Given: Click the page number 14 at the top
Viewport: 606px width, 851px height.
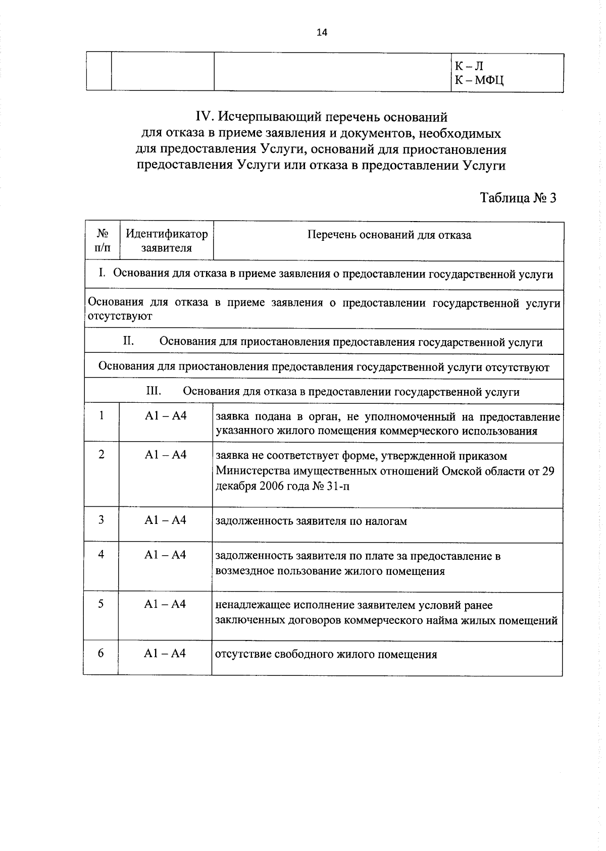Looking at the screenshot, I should click(x=321, y=33).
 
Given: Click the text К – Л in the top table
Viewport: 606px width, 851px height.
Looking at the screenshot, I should click(x=469, y=66).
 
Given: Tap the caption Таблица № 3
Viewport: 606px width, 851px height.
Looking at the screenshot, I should click(x=518, y=197).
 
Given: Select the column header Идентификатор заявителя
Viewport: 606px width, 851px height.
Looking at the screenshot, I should click(x=166, y=241).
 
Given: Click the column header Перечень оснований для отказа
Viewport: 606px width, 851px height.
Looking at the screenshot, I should click(x=389, y=235).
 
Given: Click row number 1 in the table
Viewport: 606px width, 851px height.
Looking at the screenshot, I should click(x=102, y=415).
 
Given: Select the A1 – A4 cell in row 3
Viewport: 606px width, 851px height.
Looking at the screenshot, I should click(x=165, y=520).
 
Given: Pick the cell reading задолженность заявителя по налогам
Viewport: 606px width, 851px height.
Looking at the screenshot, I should click(x=311, y=521).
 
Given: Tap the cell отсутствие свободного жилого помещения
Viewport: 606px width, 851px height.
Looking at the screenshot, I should click(x=326, y=655).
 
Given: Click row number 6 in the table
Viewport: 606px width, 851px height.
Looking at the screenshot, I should click(x=101, y=653).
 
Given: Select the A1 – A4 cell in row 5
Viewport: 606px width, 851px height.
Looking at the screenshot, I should click(x=165, y=604).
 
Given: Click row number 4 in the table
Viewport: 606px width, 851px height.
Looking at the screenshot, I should click(x=101, y=554).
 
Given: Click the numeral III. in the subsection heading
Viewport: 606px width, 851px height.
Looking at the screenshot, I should click(x=154, y=391).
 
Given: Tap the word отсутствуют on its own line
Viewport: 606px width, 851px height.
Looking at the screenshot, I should click(x=120, y=316).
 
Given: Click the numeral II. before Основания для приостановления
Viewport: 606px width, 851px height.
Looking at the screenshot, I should click(x=128, y=341).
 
